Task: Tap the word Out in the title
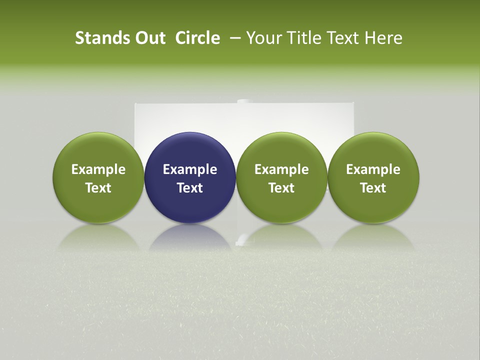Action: coord(149,38)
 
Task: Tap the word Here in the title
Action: coord(384,38)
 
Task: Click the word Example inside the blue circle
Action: coord(190,169)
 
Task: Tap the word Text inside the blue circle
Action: coord(190,188)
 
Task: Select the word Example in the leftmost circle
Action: coord(98,169)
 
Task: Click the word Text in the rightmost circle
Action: coord(373,188)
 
